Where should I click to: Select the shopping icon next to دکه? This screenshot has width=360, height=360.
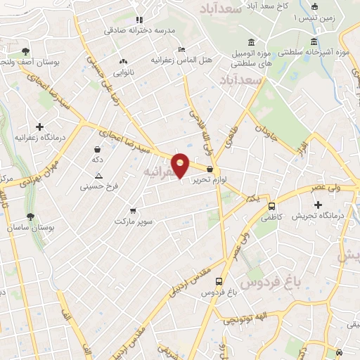97,149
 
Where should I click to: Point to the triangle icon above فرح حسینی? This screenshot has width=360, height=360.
98,175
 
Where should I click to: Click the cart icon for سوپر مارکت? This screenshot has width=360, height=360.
133,210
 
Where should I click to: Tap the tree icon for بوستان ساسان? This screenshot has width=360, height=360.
30,217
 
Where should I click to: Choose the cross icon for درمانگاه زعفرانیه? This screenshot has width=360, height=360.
39,126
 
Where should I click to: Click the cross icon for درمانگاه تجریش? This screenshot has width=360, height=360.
318,205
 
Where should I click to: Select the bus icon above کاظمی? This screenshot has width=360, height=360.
271,206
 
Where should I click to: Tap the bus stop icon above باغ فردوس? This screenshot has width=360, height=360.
219,280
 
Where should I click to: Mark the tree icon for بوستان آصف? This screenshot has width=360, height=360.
26,51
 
